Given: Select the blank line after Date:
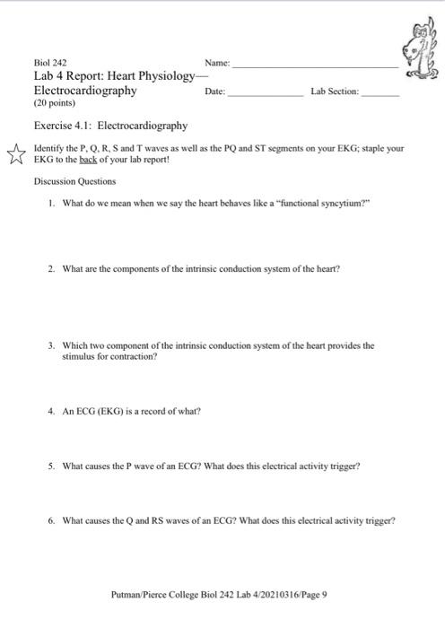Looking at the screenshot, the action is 266,92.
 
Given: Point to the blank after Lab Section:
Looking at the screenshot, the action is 380,92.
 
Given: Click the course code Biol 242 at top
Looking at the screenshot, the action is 50,64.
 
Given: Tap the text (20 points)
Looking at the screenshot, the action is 54,103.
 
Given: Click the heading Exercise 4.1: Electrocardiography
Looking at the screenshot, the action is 110,126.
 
